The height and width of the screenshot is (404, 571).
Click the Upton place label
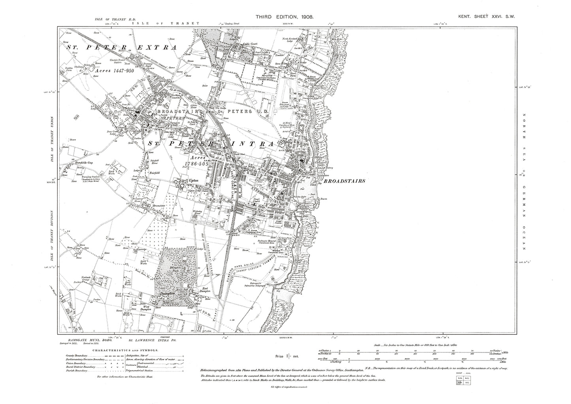(193, 180)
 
